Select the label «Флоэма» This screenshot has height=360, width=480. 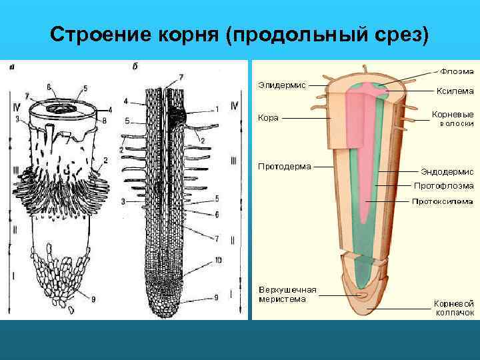point(456,69)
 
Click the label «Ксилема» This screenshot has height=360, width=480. point(454,91)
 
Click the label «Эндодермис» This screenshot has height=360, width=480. point(447,170)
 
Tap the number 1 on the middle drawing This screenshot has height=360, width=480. point(215,109)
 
